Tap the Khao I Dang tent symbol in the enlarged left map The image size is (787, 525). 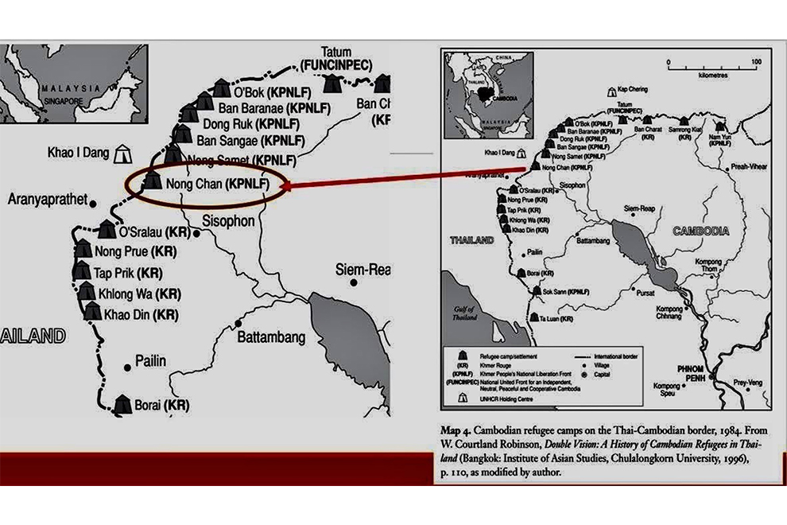[122, 152]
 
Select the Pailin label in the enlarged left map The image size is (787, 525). [150, 360]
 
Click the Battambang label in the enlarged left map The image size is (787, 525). [271, 337]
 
